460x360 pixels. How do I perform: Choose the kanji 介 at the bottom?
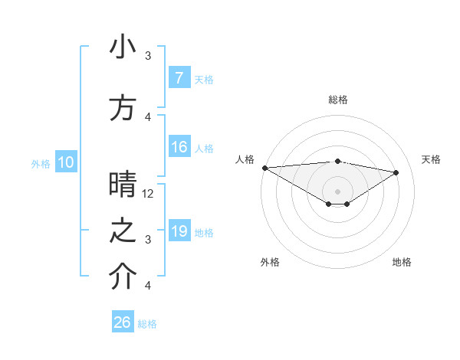tap(123, 278)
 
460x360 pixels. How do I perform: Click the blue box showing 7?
tap(179, 78)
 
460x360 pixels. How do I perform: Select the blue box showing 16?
tap(179, 148)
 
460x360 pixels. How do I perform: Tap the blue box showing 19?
tap(179, 231)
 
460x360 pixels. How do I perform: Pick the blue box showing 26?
tap(123, 322)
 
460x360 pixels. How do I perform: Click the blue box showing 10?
tap(66, 162)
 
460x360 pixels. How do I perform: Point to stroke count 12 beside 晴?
tap(149, 194)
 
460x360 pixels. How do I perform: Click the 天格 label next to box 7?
tap(204, 79)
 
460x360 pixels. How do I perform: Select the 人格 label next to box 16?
tap(204, 149)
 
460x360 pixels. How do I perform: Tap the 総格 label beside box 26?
tap(147, 323)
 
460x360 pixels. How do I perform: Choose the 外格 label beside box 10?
tap(41, 163)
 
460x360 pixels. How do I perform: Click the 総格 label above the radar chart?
tap(337, 100)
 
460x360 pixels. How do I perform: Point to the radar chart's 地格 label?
tap(402, 262)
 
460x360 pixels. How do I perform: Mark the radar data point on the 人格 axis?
tap(264, 167)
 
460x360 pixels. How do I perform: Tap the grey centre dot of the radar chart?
tap(337, 191)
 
